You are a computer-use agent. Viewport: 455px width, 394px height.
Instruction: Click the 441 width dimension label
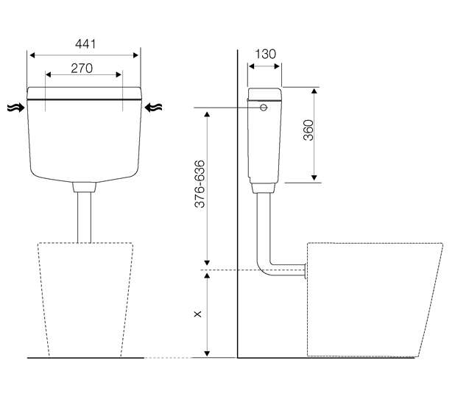85,44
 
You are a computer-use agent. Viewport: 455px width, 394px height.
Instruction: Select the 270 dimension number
82,68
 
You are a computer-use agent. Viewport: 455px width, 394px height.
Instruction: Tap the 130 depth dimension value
265,54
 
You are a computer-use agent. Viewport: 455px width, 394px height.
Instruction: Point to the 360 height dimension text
308,130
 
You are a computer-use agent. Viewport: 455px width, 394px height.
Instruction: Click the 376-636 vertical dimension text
200,184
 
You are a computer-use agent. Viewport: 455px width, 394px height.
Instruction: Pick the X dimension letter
198,314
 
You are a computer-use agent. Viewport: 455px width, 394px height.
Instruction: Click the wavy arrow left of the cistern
16,108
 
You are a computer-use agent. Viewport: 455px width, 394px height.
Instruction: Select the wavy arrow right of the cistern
153,108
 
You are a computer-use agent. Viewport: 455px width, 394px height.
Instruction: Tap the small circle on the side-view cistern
264,108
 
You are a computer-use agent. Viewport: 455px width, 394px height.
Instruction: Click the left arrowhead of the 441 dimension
32,55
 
